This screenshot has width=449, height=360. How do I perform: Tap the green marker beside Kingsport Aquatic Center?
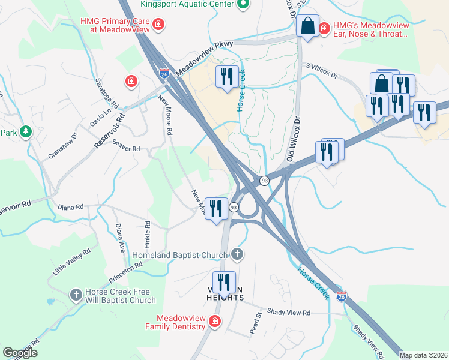coord(243,5)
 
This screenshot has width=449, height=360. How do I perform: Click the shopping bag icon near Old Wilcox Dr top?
coord(307,27)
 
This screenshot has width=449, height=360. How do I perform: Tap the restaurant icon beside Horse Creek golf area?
coord(226,76)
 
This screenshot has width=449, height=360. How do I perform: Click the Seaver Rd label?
coord(125,148)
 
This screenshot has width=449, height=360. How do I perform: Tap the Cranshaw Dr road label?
coord(63,145)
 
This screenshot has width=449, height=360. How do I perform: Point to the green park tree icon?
coord(25,131)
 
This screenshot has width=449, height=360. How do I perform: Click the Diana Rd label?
coord(70,207)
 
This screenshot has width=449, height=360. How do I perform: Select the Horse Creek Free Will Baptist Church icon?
coord(76,295)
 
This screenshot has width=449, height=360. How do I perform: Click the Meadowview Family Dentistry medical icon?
coord(215,323)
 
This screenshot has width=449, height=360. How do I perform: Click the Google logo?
coord(20,353)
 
